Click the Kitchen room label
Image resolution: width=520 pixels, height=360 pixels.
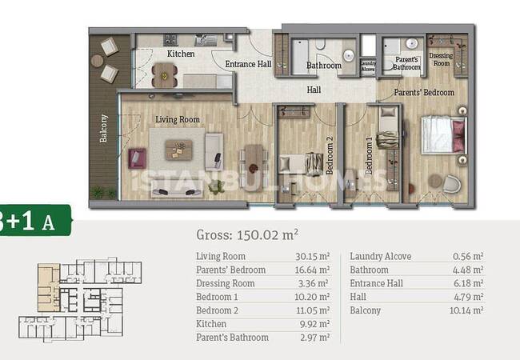(x=181, y=54)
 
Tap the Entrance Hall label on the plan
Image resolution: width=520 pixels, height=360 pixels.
(x=248, y=64)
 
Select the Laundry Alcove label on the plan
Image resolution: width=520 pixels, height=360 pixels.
(x=368, y=66)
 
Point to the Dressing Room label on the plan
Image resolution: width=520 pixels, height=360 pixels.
(x=441, y=59)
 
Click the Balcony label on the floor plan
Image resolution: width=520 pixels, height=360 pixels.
(x=103, y=128)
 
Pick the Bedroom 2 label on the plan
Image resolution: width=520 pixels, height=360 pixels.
(x=330, y=155)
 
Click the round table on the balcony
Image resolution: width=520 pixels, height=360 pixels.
(x=97, y=61)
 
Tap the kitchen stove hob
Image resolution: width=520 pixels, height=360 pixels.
(x=170, y=40)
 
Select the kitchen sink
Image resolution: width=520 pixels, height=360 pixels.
(x=206, y=40)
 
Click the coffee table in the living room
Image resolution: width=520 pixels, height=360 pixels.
(x=178, y=150)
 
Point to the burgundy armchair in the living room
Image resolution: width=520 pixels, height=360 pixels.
(x=138, y=158)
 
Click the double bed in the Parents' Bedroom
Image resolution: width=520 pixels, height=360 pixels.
(x=443, y=134)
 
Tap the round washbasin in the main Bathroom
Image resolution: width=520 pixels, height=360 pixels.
(x=349, y=55)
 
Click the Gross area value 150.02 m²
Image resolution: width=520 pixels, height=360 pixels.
(x=267, y=235)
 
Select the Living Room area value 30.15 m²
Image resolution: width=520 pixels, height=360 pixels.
(x=312, y=256)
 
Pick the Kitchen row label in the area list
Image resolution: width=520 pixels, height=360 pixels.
(x=211, y=324)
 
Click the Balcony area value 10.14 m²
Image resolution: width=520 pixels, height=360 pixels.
(x=466, y=310)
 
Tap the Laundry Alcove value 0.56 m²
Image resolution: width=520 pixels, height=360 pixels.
(x=468, y=256)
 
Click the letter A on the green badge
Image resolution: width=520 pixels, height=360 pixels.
(x=49, y=222)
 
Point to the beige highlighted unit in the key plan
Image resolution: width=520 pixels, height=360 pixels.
(x=49, y=287)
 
